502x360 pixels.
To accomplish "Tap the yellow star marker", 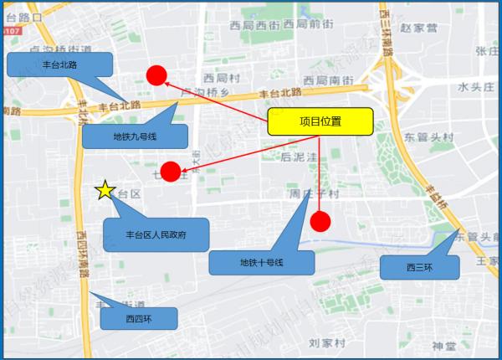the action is [105, 191].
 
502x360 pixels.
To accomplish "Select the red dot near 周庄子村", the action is [320, 221].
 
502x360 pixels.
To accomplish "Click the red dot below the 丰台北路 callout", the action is [156, 75].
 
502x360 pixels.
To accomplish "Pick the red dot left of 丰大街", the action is [171, 172].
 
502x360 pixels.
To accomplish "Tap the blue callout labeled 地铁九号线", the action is [134, 135].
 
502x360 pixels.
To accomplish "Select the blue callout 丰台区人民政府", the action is [156, 235].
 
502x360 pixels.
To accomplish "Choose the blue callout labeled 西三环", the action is [418, 268].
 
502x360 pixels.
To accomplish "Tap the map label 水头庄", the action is [478, 86].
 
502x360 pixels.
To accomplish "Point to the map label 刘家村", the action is [325, 342].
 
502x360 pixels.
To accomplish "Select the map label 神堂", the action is [444, 346].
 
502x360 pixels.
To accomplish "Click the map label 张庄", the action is [487, 51].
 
